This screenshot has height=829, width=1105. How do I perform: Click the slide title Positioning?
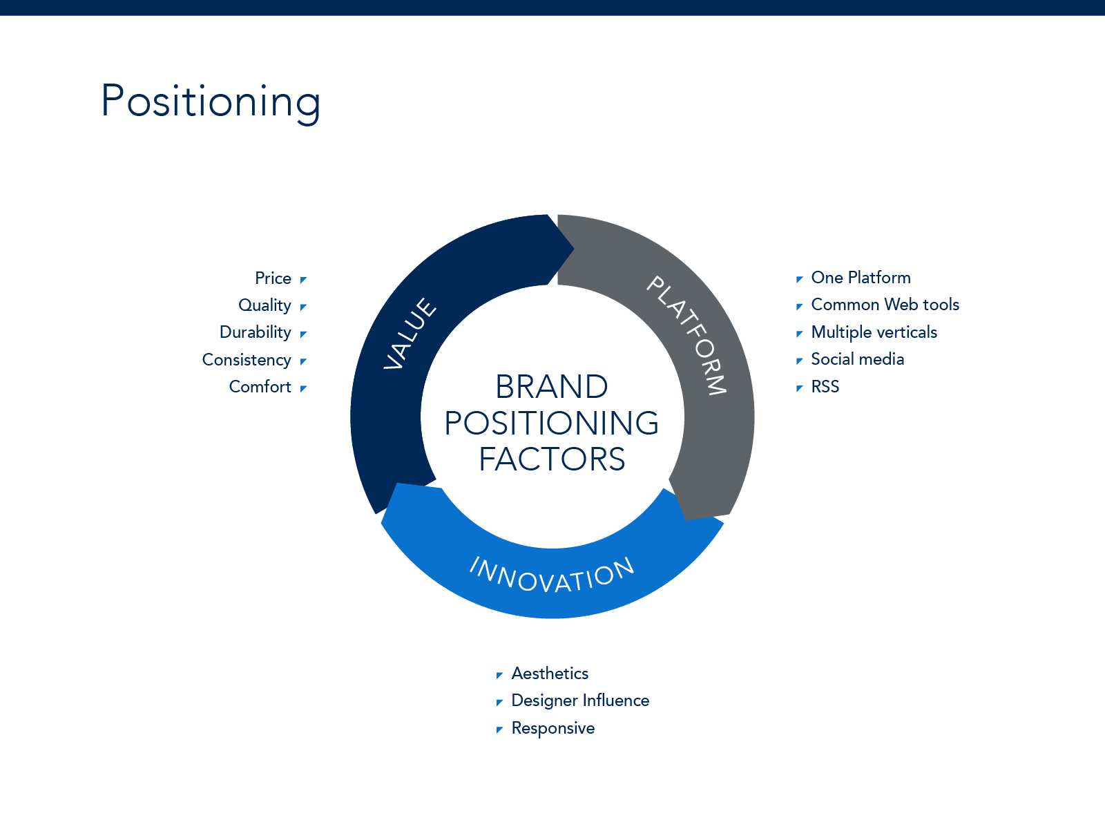tap(211, 101)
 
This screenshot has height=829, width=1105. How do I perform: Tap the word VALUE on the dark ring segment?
tap(410, 334)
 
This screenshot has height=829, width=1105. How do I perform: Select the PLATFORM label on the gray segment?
tap(687, 335)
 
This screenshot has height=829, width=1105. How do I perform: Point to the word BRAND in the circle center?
tap(552, 387)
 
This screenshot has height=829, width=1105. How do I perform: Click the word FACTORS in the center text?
tap(552, 459)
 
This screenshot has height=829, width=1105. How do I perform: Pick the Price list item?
tap(273, 278)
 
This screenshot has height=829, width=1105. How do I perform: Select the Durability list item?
tap(255, 332)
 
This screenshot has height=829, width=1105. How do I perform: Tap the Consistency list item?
tap(247, 360)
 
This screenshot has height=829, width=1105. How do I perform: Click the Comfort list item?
tap(260, 387)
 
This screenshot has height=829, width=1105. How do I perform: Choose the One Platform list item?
tap(861, 278)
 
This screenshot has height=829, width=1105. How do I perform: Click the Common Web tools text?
tap(885, 305)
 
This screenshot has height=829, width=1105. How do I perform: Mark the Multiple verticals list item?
tap(874, 332)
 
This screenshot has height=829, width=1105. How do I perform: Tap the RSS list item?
tap(825, 387)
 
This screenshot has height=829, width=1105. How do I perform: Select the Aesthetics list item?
tap(550, 674)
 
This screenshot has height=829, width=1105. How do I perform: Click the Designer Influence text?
tap(580, 701)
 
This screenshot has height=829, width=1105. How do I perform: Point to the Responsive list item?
tap(552, 728)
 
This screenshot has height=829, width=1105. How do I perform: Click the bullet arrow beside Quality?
tap(303, 307)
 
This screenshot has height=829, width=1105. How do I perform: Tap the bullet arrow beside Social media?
tap(799, 361)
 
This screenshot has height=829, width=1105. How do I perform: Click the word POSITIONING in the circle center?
tap(552, 423)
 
